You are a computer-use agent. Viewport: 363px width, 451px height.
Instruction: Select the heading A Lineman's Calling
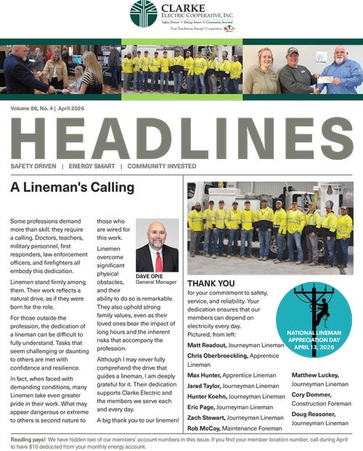coord(72,187)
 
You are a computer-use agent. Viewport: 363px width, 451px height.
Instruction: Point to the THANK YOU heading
coord(211,283)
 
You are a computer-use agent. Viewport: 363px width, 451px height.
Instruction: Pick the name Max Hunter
coord(204,354)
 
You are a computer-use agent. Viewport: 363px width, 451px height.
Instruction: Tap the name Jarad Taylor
coord(204,365)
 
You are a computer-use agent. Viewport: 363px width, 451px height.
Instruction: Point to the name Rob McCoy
coord(204,409)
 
